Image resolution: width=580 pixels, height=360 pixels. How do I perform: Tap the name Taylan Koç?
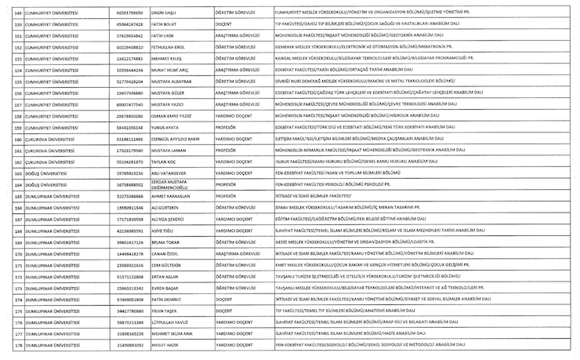click(165, 161)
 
